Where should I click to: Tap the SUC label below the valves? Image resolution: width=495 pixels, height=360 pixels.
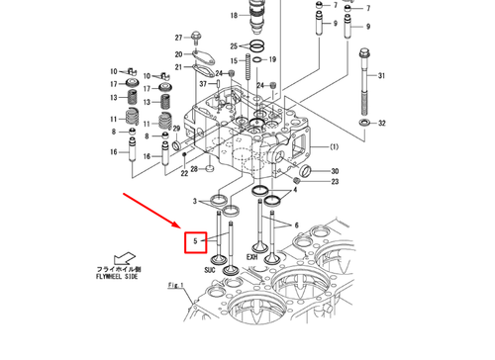click(210, 269)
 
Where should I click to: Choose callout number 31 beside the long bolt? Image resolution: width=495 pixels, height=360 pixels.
click(384, 76)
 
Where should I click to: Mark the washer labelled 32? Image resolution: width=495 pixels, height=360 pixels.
click(364, 122)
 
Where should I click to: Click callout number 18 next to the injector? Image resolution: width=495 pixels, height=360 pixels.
click(234, 17)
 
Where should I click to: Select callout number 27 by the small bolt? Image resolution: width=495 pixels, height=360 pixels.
click(180, 37)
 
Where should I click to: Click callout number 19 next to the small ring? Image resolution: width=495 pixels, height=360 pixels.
click(272, 60)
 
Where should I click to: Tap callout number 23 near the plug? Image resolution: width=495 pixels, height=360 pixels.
click(335, 182)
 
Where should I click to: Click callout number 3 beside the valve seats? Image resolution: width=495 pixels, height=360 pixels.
click(194, 201)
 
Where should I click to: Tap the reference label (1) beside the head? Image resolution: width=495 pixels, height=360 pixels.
click(334, 147)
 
